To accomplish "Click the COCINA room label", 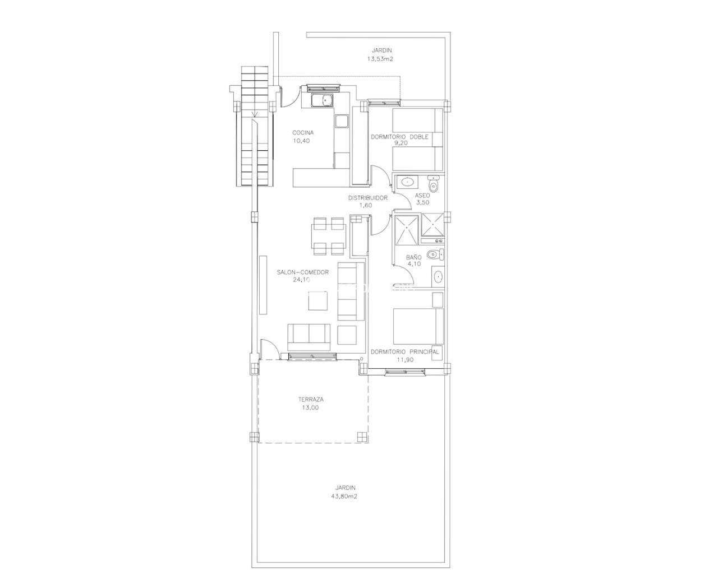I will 303,133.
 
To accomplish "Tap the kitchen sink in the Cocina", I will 323,101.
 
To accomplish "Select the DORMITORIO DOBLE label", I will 399,137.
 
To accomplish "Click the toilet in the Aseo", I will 433,184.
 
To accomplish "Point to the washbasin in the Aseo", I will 407,182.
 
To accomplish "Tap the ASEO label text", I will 422,195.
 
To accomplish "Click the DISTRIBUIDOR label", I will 367,198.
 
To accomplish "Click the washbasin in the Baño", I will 438,276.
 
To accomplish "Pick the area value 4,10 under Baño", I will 413,264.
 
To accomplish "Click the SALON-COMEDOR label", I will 302,272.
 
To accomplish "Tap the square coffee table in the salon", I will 318,302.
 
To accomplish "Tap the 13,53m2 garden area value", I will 381,58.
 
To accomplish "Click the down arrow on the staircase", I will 255,115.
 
